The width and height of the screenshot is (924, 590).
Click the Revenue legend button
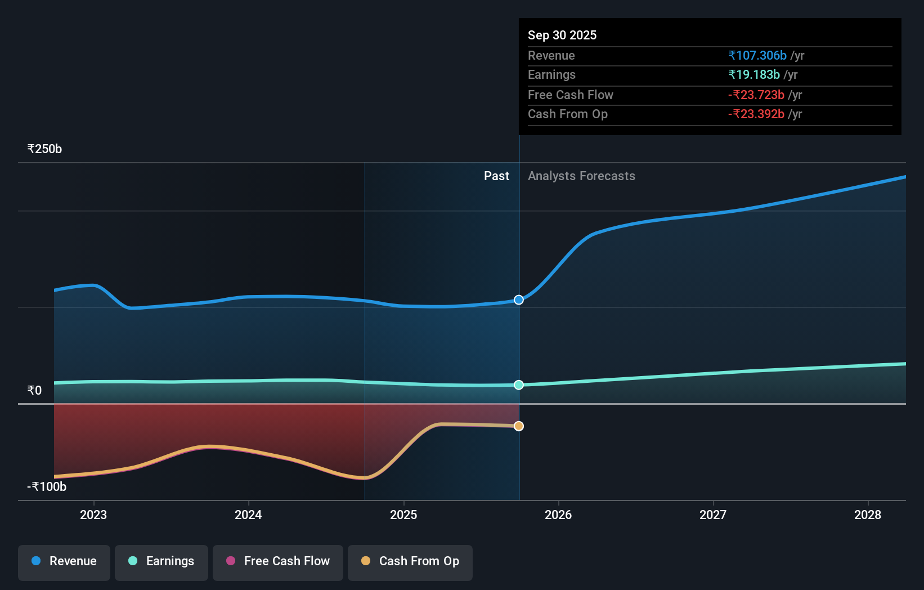tap(64, 561)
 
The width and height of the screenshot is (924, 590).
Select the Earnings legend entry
tap(162, 561)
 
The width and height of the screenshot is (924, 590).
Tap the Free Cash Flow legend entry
tap(278, 561)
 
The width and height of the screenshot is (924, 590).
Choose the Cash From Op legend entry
tap(410, 561)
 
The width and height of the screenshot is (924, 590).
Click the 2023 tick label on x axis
tap(93, 515)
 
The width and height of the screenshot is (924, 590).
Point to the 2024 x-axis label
tap(248, 515)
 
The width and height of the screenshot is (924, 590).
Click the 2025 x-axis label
tap(403, 515)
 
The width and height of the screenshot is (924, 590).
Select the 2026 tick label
tap(558, 515)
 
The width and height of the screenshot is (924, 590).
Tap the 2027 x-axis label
tap(713, 515)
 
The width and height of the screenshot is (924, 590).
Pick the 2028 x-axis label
tap(868, 515)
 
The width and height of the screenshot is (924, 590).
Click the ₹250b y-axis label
tap(44, 149)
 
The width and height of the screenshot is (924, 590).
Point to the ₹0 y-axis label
tap(34, 391)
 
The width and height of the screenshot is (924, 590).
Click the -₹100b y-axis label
tap(47, 487)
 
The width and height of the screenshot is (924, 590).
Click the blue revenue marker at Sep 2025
tap(519, 300)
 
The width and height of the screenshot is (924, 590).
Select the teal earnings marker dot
tap(519, 385)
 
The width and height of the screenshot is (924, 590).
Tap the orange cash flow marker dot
tap(519, 426)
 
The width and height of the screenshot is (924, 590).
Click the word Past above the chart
tap(496, 176)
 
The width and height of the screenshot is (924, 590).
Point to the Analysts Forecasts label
tap(581, 176)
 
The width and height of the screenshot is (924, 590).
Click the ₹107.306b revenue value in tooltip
tap(757, 56)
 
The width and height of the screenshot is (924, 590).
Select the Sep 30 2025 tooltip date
tap(562, 35)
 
